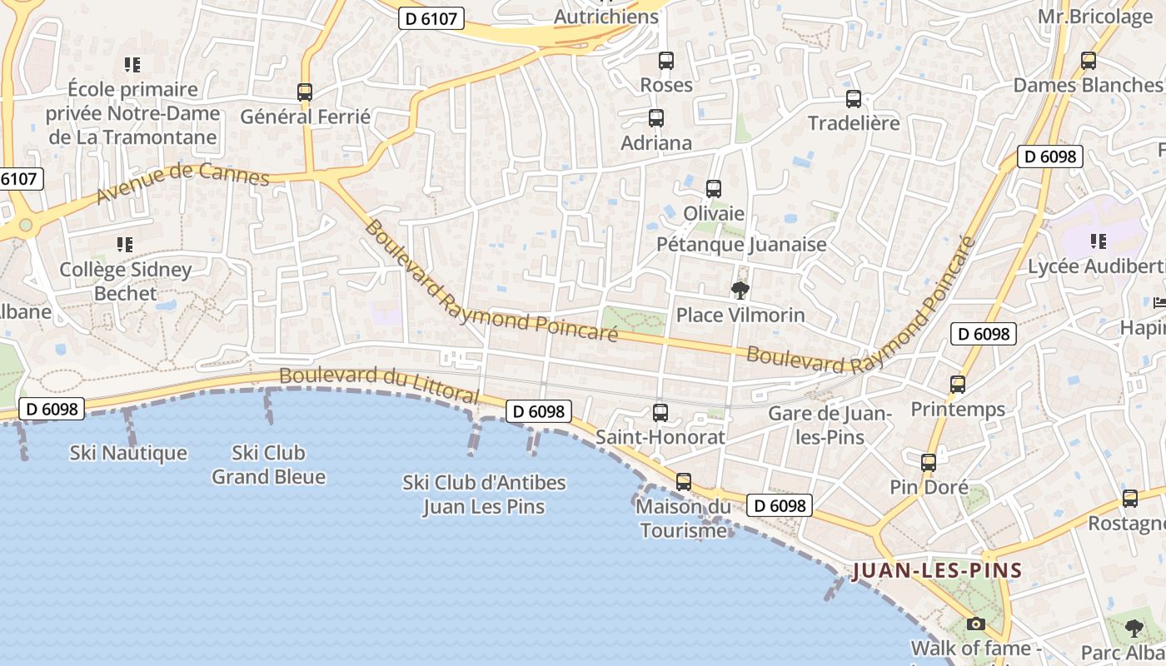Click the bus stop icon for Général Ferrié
305,92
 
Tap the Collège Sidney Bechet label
125,281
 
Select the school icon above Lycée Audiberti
1099,241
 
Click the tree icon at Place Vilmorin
740,291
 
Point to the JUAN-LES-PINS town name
937,571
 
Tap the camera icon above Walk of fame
975,624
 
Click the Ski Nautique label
128,453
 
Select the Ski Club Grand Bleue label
268,465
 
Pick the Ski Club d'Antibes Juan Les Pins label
484,495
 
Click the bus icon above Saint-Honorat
660,411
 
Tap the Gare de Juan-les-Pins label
830,425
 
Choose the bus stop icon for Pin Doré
929,463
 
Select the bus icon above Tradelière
854,99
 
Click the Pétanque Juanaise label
741,244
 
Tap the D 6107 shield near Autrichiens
431,18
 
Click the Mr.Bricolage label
1094,17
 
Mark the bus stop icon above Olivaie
714,189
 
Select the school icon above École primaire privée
132,64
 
